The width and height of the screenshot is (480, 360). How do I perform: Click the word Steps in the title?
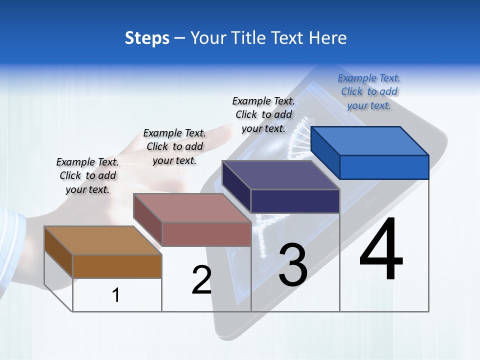(x=147, y=38)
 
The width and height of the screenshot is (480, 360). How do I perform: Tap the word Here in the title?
(x=328, y=38)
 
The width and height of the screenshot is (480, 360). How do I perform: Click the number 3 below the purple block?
(x=293, y=265)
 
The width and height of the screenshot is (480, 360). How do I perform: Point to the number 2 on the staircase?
(x=201, y=280)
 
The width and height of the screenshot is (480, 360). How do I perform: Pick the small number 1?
(x=116, y=295)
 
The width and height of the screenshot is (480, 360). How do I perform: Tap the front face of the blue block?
(x=384, y=167)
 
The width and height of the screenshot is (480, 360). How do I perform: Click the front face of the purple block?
(x=295, y=201)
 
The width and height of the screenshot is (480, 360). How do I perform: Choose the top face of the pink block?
(x=192, y=208)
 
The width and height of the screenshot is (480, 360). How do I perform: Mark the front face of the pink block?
(x=206, y=234)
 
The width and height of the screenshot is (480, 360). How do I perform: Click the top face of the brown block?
(x=103, y=240)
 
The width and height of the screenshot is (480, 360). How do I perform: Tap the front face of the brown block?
(x=117, y=266)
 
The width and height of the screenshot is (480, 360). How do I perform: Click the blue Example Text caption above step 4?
(x=369, y=91)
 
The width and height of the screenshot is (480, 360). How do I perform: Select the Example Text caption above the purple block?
(x=263, y=114)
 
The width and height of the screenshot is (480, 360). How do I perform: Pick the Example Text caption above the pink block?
(x=174, y=146)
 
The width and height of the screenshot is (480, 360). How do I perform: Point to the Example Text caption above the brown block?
(x=87, y=175)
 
